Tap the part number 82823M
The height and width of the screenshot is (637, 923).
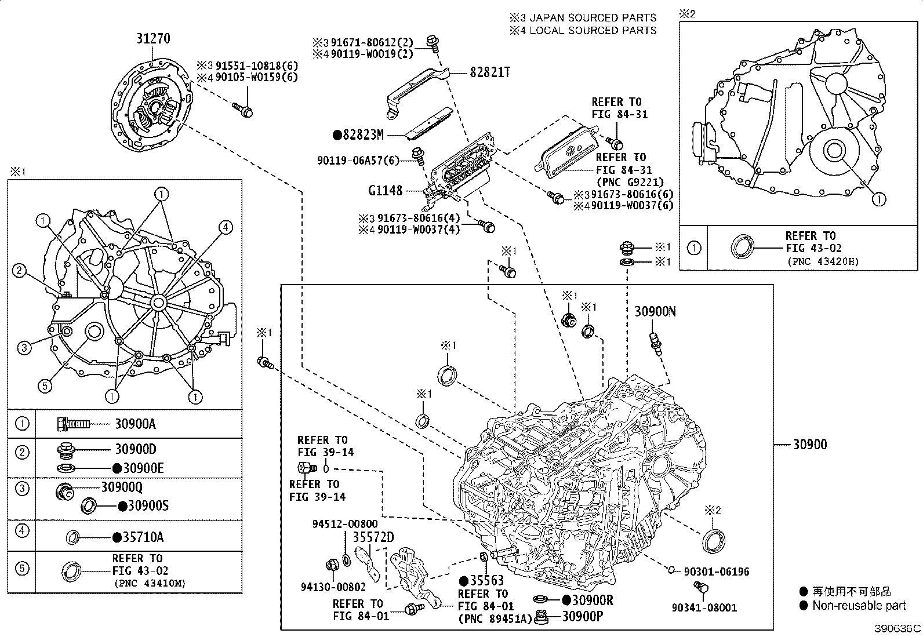coord(363,136)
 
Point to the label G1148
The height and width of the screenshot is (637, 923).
coord(386,190)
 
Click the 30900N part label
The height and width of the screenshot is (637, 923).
coord(655,311)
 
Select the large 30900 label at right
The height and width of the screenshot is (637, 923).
coord(810,445)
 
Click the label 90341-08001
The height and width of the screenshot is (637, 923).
coord(704,607)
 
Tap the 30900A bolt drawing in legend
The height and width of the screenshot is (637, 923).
coord(74,424)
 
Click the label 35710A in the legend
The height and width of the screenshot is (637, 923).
coord(143,537)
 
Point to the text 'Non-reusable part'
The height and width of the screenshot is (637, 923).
coord(859,606)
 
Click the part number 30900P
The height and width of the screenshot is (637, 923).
coord(582,616)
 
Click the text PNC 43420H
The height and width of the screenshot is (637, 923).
coord(823,261)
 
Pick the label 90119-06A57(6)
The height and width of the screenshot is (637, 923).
coord(358,160)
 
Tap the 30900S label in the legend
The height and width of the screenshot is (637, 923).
coord(148,506)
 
